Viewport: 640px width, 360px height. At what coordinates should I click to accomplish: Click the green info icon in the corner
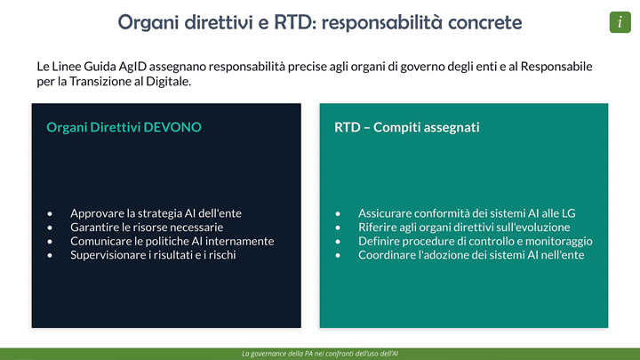coord(620,22)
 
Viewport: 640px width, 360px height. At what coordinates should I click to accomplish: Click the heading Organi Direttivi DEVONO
coord(124,127)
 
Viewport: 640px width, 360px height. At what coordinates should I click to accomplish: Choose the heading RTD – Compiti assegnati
coord(406,127)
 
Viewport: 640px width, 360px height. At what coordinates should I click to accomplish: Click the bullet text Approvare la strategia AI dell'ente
coord(156,213)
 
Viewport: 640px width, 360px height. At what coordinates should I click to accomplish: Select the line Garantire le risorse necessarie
coord(147,227)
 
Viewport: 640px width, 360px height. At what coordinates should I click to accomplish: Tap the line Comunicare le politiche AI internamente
coord(172,241)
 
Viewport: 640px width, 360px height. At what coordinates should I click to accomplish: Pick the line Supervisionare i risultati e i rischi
coord(153,255)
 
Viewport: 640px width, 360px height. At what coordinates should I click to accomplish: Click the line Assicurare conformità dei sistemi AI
coord(467,213)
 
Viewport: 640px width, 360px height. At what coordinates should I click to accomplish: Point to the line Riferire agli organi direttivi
coord(464,227)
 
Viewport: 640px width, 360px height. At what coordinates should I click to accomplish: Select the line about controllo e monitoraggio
coord(475,241)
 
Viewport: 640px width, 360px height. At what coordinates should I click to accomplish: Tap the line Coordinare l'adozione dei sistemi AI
coord(471,255)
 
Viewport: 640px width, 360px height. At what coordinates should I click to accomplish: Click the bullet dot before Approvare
coord(50,213)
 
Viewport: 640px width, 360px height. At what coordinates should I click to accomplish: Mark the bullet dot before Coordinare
coord(338,255)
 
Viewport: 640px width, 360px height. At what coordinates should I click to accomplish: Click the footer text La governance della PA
coord(320,354)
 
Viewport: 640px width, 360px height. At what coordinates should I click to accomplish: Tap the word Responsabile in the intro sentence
coord(556,67)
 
